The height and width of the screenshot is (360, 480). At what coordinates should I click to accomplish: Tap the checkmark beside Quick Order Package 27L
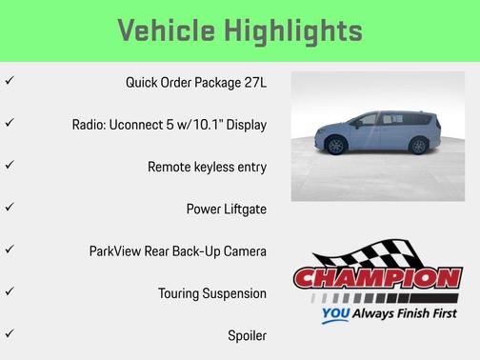click(x=10, y=82)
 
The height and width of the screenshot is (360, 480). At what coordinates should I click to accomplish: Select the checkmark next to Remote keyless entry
click(x=10, y=166)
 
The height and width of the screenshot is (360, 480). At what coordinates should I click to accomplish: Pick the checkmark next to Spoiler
click(x=10, y=334)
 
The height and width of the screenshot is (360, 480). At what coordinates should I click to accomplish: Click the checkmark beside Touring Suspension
click(x=10, y=291)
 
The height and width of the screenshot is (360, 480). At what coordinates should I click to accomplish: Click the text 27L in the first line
click(x=254, y=83)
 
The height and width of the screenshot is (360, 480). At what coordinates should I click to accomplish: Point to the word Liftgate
click(x=244, y=209)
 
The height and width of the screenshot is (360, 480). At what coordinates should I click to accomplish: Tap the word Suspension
click(x=233, y=293)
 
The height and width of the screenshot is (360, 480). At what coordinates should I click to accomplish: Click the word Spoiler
click(x=247, y=335)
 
